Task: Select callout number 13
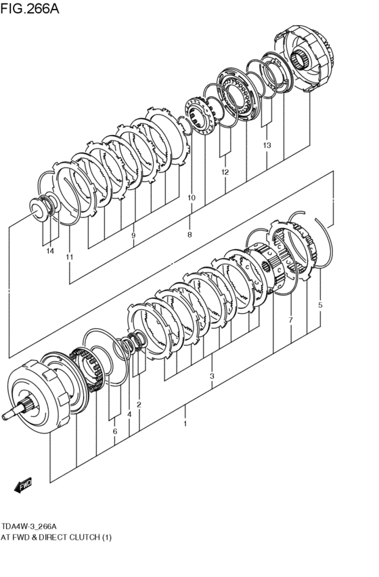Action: [267, 145]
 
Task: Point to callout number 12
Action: [225, 172]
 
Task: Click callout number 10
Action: [192, 198]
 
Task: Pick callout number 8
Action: [189, 235]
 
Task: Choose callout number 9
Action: [133, 235]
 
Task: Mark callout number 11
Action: [69, 257]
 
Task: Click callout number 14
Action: [49, 252]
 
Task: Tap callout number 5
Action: [320, 305]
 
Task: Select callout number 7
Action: [290, 319]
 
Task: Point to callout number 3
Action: [212, 376]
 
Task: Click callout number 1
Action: [184, 424]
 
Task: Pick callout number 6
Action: [115, 431]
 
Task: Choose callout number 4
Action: [129, 414]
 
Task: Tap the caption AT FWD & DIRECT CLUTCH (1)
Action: [56, 538]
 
